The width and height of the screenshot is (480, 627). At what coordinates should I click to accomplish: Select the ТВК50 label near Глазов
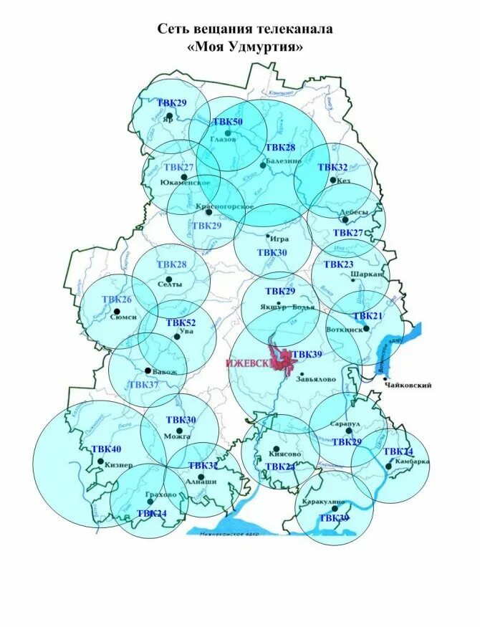click(227, 122)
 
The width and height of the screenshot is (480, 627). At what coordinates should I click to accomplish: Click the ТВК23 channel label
click(338, 264)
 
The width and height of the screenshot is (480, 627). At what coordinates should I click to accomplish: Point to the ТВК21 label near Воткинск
click(368, 316)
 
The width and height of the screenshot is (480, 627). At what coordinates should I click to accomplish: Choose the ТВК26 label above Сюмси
click(117, 300)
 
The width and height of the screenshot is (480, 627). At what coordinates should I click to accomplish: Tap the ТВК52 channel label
click(181, 323)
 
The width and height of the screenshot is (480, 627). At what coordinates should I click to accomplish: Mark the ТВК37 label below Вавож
click(143, 385)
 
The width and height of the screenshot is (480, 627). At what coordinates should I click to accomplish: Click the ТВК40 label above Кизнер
click(106, 449)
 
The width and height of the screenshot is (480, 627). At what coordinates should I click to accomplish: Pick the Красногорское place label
click(224, 206)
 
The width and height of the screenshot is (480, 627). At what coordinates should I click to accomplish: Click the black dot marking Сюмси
click(117, 311)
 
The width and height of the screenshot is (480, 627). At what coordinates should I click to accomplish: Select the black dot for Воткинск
click(366, 328)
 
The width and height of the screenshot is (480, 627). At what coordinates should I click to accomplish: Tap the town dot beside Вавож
click(148, 370)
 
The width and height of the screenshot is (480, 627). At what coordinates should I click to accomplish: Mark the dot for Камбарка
click(388, 466)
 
